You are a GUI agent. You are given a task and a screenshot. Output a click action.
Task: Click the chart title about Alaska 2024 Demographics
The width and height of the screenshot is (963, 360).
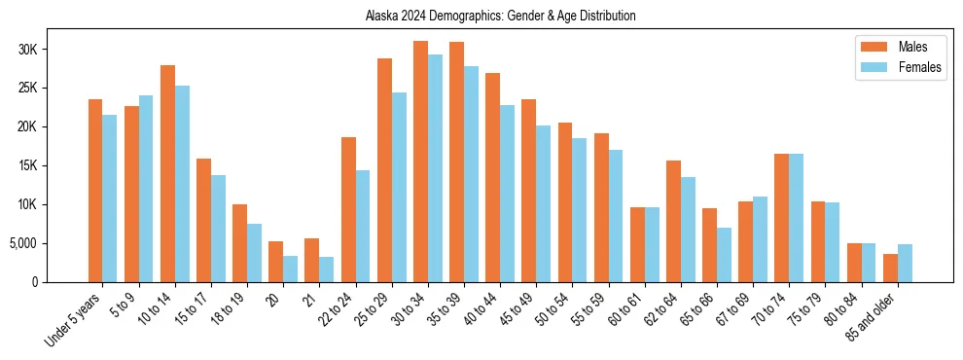[500, 16]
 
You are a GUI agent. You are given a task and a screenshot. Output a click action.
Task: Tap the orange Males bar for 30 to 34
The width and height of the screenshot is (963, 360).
[420, 162]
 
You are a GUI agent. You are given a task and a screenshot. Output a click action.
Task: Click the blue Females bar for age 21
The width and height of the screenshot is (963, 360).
[326, 270]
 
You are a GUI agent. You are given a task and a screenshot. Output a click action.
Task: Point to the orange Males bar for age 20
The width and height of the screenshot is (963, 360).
[275, 262]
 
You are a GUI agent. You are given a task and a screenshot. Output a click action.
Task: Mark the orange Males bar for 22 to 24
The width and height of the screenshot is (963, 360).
[348, 209]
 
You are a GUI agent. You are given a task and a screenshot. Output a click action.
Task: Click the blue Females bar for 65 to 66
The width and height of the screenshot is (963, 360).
[724, 255]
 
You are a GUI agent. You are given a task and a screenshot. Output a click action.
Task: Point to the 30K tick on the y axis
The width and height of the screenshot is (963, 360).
[53, 50]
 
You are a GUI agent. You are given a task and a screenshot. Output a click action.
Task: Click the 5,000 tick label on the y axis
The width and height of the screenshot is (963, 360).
[51, 243]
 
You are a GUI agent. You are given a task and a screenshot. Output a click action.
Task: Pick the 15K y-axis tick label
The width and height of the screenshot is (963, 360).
[53, 165]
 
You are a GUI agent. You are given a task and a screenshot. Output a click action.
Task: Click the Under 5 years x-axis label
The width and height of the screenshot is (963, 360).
[76, 318]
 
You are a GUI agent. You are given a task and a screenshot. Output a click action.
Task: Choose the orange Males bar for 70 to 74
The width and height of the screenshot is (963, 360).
[781, 218]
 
